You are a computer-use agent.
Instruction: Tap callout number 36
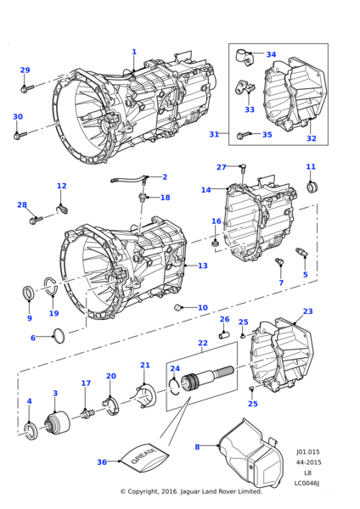click(x=102, y=462)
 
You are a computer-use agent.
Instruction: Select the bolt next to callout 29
click(x=27, y=87)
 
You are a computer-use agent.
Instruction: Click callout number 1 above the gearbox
click(x=134, y=52)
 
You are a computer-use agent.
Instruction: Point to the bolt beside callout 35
click(x=245, y=135)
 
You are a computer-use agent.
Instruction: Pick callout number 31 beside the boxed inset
click(x=214, y=134)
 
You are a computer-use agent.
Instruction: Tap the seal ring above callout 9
click(x=28, y=293)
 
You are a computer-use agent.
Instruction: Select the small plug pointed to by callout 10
click(x=177, y=307)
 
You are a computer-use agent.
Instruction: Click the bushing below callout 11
click(x=312, y=187)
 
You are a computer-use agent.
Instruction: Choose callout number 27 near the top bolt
click(x=222, y=167)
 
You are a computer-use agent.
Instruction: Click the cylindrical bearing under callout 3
click(x=57, y=422)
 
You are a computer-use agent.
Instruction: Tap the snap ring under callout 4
click(x=31, y=431)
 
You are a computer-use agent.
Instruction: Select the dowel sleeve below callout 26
click(x=224, y=334)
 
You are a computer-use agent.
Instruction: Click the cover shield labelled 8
click(x=250, y=455)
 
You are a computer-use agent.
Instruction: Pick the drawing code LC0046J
click(x=307, y=484)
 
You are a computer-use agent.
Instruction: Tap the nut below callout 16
click(x=216, y=243)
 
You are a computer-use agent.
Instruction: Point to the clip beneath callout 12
click(x=62, y=210)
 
